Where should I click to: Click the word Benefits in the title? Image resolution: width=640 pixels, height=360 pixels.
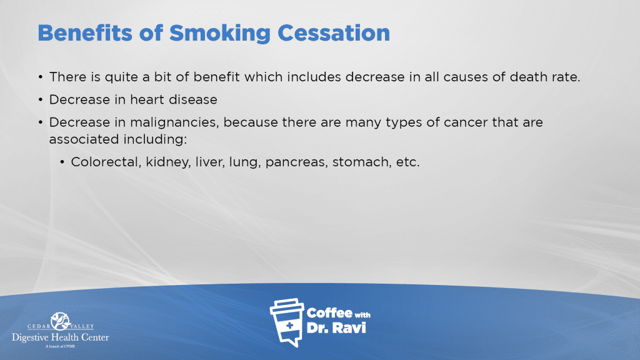pyautogui.click(x=85, y=33)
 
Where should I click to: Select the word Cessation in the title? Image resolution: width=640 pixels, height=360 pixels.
pyautogui.click(x=334, y=33)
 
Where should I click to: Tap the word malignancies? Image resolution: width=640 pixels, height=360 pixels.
pyautogui.click(x=174, y=123)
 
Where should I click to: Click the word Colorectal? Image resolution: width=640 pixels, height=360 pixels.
pyautogui.click(x=106, y=162)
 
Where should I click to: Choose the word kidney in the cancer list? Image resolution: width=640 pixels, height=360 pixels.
pyautogui.click(x=167, y=162)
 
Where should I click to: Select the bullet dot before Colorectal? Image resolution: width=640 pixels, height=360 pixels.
pyautogui.click(x=62, y=162)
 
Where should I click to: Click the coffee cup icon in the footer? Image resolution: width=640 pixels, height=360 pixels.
pyautogui.click(x=287, y=322)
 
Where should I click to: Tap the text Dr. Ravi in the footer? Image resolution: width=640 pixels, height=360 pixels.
pyautogui.click(x=336, y=327)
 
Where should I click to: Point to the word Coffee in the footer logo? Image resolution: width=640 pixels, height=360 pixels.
pyautogui.click(x=329, y=313)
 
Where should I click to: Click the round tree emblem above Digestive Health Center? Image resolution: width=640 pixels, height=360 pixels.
pyautogui.click(x=61, y=321)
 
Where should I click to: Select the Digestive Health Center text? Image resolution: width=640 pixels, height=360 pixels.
pyautogui.click(x=61, y=337)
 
